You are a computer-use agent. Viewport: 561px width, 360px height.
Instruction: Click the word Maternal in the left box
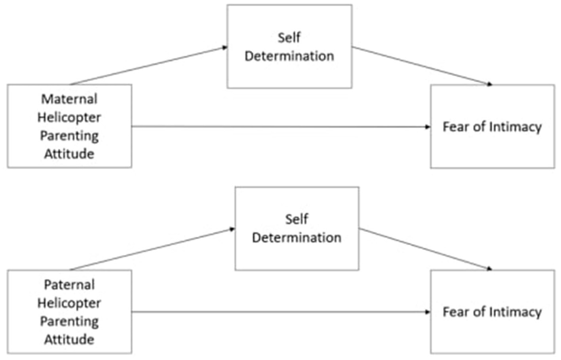[69, 99]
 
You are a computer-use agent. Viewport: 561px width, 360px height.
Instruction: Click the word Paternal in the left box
[69, 285]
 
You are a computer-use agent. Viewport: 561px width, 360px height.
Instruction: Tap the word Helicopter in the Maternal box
[69, 117]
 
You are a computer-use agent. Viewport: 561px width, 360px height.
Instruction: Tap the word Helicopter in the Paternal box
[69, 303]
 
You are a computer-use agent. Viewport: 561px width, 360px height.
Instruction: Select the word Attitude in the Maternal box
[69, 154]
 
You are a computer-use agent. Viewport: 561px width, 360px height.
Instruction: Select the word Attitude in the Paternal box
[69, 339]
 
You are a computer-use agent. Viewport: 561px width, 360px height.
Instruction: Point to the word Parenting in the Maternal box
[69, 136]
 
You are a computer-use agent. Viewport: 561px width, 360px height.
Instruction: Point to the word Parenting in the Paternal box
[69, 321]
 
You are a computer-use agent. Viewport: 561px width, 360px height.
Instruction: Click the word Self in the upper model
[289, 38]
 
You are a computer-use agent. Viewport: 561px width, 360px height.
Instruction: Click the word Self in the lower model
[297, 219]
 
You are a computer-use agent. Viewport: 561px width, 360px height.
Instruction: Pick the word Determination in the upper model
[289, 56]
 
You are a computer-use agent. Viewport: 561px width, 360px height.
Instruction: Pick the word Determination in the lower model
[297, 238]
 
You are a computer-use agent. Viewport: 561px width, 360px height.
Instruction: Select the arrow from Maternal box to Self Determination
[148, 66]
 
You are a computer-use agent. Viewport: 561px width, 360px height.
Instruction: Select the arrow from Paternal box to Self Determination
[152, 249]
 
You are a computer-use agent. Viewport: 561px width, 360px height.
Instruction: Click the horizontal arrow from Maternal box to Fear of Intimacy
[281, 127]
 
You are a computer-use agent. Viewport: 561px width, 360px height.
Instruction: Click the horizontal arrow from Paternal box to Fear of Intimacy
[281, 312]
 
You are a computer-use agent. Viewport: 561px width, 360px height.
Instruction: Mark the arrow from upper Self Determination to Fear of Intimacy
[422, 66]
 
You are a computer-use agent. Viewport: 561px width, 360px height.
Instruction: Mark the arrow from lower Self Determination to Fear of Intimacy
[426, 249]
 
